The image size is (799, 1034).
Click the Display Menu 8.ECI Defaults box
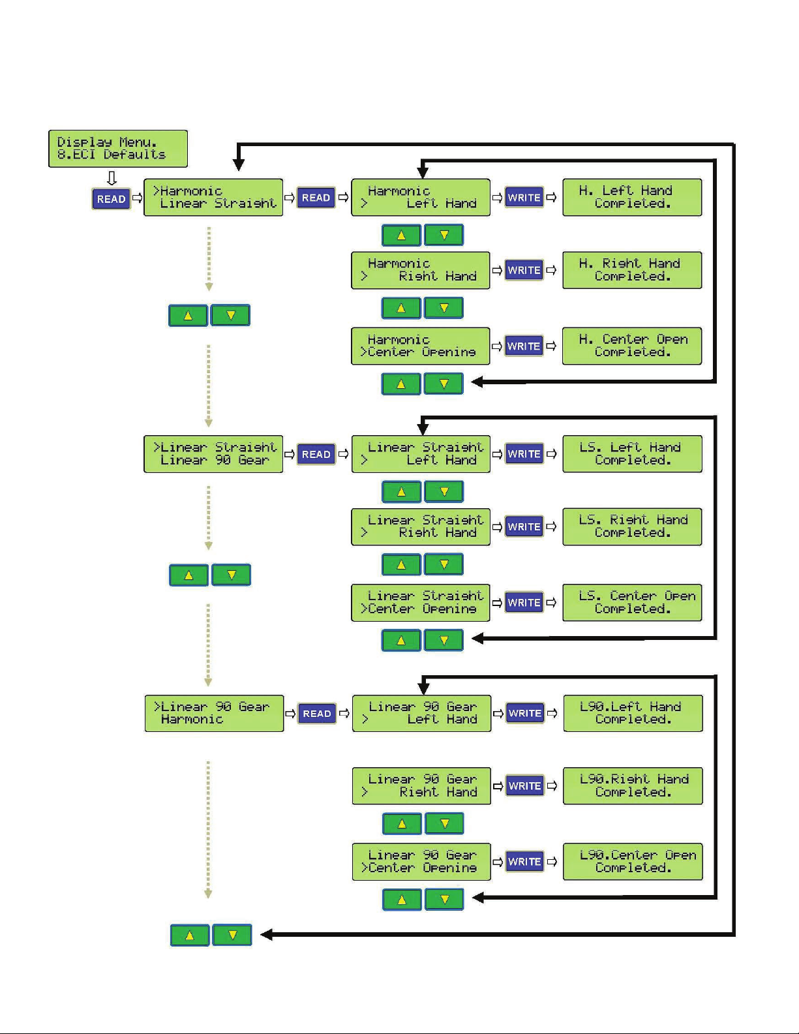118,149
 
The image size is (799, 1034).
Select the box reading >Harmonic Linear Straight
213,198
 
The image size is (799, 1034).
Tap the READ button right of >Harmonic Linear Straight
316,198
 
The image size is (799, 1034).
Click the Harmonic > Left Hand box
421,198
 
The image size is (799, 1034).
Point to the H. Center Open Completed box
632,346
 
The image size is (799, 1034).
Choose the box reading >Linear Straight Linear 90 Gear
213,454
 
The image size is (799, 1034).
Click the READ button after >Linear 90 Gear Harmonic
317,713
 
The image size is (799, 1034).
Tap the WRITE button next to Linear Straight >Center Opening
524,602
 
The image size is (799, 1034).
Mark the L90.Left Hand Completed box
633,713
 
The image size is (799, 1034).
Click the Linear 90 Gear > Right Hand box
421,786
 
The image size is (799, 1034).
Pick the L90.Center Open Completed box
633,862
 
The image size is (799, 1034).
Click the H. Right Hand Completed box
632,270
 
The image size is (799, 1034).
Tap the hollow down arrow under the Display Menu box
112,179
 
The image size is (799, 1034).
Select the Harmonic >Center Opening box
421,346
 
